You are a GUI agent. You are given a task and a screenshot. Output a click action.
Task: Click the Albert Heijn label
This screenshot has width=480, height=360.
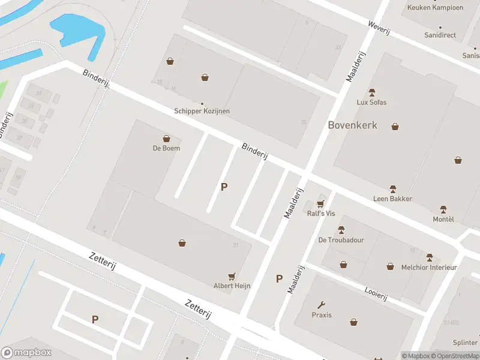[232, 286]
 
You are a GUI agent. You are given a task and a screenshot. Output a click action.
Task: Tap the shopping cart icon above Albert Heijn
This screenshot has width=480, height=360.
[232, 276]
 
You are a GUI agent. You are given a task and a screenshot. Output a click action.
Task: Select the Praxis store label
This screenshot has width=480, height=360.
[322, 315]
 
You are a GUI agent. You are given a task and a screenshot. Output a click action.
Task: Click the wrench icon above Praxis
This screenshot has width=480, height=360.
[322, 305]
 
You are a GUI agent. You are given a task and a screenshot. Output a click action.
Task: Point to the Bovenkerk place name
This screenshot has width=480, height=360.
[353, 125]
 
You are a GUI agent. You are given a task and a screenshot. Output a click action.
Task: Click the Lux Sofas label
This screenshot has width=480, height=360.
[371, 102]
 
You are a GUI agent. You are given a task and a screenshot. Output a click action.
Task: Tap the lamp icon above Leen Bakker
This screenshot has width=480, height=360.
[393, 189]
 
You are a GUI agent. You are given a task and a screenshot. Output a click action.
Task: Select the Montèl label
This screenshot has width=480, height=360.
[443, 219]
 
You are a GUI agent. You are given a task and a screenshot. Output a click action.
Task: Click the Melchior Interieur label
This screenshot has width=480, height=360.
[429, 267]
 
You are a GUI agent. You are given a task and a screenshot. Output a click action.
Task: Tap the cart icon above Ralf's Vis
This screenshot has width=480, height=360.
[320, 204]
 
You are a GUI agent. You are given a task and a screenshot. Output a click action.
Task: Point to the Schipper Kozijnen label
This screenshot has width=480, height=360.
[202, 111]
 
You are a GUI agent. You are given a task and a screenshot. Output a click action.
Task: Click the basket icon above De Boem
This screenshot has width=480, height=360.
[166, 139]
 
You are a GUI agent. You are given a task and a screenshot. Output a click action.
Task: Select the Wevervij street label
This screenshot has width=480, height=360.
[379, 28]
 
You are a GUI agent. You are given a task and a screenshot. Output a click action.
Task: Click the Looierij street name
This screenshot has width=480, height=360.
[376, 293]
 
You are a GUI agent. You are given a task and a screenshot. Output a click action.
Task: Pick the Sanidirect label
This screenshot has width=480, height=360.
[440, 35]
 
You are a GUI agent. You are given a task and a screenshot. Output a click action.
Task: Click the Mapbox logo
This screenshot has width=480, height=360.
[26, 353]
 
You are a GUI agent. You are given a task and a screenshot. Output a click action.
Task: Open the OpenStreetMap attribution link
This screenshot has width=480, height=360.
[457, 356]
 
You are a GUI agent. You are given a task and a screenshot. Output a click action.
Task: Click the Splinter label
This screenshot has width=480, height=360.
[466, 343]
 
